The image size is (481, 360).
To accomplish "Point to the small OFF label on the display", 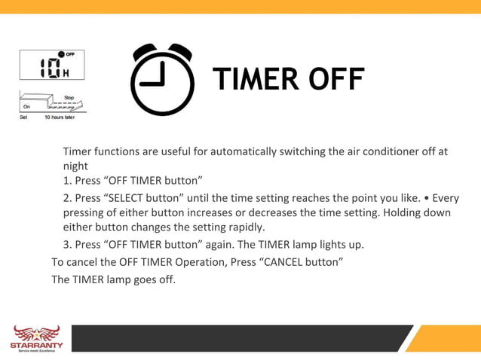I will pos(70,55).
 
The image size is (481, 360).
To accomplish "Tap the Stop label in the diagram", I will pos(69,98).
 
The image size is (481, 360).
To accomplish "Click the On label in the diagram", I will pos(26,108).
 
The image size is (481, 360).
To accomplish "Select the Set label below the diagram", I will pos(23,117).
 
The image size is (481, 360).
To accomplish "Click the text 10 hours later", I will pos(59,117).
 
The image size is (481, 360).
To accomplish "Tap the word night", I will pos(75,166).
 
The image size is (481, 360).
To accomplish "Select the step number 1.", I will pos(66,181).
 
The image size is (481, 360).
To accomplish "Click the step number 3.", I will pos(66,244).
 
